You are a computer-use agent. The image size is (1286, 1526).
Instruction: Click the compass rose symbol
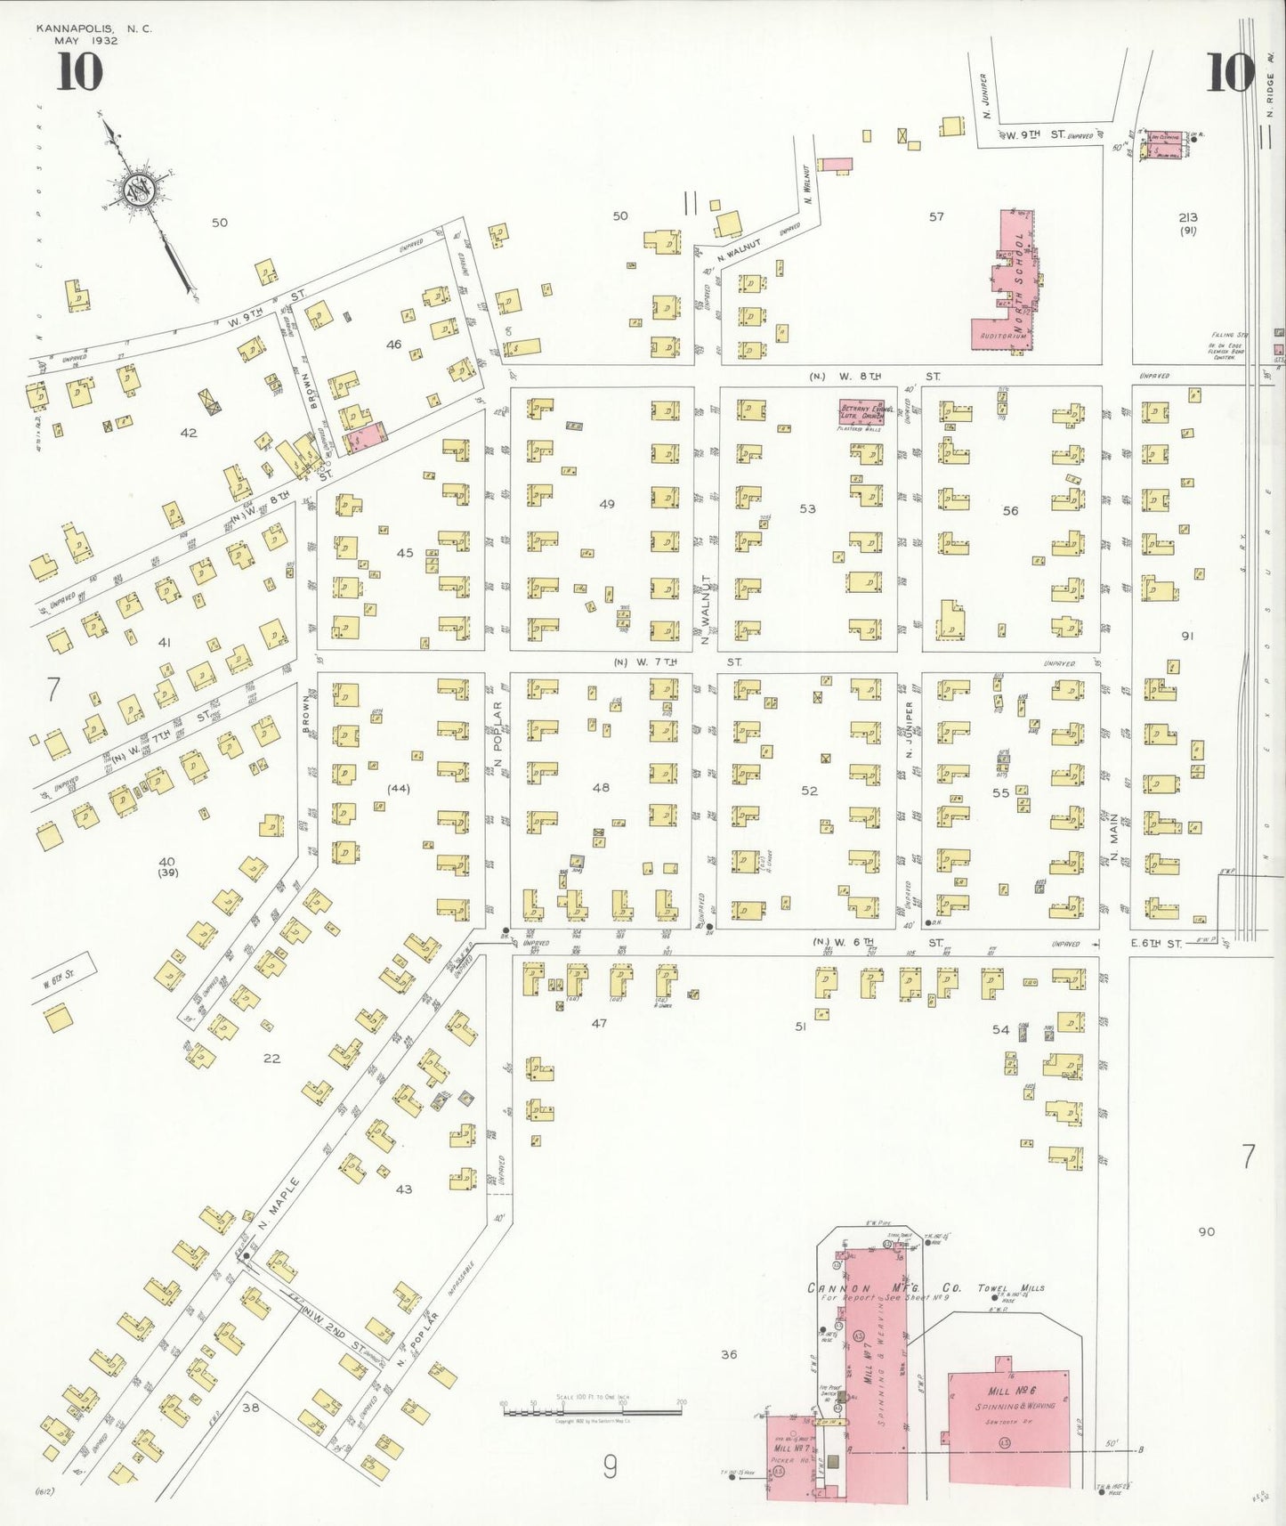point(140,189)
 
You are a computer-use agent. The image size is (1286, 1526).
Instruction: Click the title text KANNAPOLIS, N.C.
point(94,28)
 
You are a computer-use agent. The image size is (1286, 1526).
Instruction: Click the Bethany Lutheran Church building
point(861,412)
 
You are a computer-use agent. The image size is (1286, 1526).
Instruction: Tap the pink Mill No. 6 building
point(1009,1427)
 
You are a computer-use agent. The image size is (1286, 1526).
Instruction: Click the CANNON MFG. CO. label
point(884,1288)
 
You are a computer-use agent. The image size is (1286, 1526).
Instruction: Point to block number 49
point(607,504)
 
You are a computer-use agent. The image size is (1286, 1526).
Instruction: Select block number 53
point(807,508)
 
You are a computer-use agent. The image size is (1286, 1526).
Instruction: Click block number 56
point(1010,510)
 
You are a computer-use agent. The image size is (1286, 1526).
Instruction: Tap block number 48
point(602,787)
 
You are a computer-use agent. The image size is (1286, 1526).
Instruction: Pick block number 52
point(809,791)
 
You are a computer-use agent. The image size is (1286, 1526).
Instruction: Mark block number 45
point(405,553)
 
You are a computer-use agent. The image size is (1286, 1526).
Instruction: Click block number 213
point(1187,216)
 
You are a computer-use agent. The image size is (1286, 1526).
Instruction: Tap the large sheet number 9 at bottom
point(610,1465)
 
